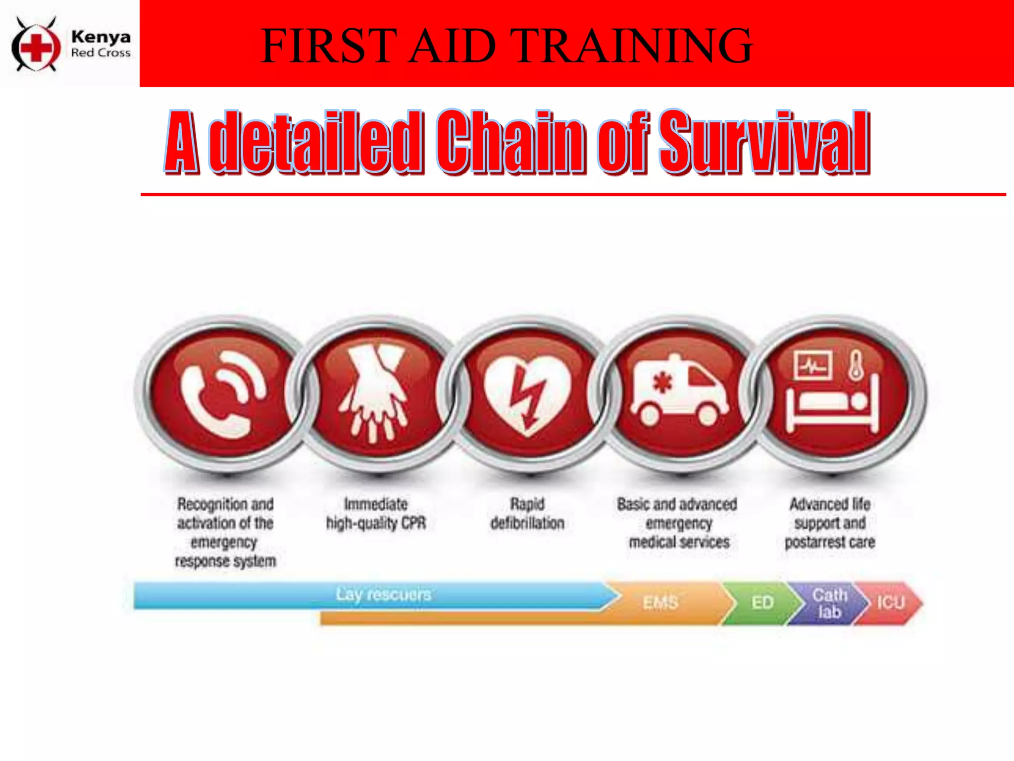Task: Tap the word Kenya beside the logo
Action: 101,37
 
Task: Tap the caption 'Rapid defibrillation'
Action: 527,513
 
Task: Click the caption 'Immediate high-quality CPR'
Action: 376,513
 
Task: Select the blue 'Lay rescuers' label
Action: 383,594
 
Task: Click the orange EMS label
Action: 660,602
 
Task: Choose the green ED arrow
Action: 762,602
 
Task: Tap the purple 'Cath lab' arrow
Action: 829,603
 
